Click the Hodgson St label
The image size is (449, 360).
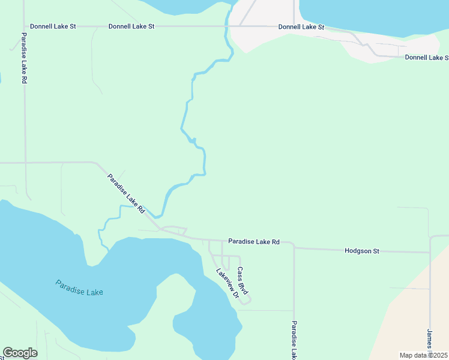(362, 251)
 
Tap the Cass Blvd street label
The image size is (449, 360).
(243, 280)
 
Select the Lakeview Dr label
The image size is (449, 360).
(228, 283)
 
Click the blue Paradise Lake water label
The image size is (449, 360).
(79, 287)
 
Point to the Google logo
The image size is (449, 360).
(20, 353)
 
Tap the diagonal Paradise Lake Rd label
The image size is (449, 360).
(126, 194)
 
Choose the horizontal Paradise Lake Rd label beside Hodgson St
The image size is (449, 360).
(254, 242)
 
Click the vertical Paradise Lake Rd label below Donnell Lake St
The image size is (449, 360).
(24, 58)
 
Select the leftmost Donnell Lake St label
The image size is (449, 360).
(53, 26)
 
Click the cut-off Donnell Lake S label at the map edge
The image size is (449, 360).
(426, 58)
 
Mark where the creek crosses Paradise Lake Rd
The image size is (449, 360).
(158, 217)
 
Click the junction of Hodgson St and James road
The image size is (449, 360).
(430, 253)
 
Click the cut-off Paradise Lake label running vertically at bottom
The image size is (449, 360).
(294, 340)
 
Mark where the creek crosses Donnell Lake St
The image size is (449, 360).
(226, 26)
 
